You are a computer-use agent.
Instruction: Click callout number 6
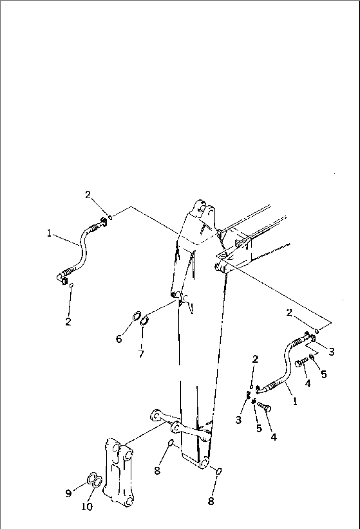click(x=119, y=339)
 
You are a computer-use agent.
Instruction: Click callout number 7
click(x=141, y=354)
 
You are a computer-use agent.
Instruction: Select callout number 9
click(x=68, y=494)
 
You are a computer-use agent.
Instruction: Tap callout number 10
click(x=87, y=507)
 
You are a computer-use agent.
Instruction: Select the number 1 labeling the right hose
click(x=295, y=402)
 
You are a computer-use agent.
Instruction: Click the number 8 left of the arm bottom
click(x=157, y=471)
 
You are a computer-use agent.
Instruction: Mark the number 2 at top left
click(x=88, y=195)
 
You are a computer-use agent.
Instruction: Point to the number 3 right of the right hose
click(x=331, y=352)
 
